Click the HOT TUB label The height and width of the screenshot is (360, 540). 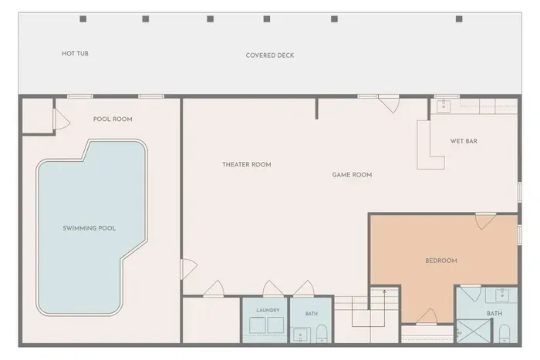pyautogui.click(x=75, y=53)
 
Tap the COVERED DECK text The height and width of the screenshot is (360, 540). pyautogui.click(x=270, y=56)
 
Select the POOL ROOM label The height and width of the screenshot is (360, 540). pyautogui.click(x=113, y=119)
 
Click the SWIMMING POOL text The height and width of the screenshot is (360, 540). pyautogui.click(x=89, y=228)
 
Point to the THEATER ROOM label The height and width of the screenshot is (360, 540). pyautogui.click(x=247, y=164)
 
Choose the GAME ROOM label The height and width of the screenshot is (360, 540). pyautogui.click(x=352, y=175)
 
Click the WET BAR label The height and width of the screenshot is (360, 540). pyautogui.click(x=464, y=141)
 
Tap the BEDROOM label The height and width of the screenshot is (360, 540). pyautogui.click(x=441, y=261)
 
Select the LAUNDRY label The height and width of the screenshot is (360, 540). pyautogui.click(x=268, y=311)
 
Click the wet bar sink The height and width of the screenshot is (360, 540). pyautogui.click(x=444, y=106)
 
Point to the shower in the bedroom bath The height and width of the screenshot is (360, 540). pyautogui.click(x=474, y=331)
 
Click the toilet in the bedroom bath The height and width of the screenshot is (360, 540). pyautogui.click(x=505, y=334)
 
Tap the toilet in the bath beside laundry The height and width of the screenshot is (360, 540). pyautogui.click(x=322, y=334)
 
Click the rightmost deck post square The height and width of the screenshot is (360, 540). pyautogui.click(x=459, y=19)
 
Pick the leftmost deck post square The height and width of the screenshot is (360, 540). pyautogui.click(x=83, y=19)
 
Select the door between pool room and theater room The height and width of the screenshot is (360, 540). pyautogui.click(x=187, y=269)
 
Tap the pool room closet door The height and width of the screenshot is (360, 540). pyautogui.click(x=61, y=119)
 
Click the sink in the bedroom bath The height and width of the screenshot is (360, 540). pyautogui.click(x=502, y=295)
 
